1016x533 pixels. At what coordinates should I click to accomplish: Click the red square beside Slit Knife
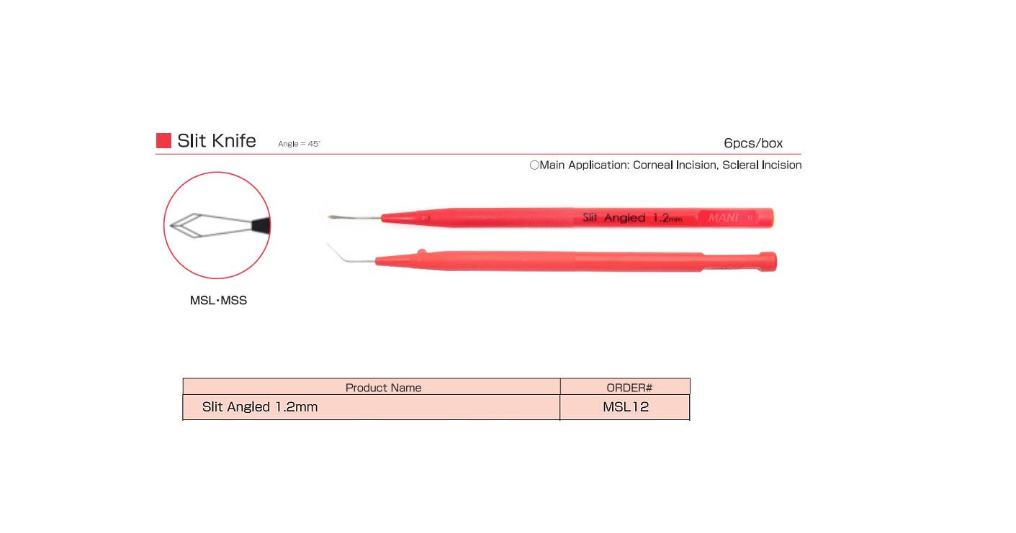coord(163,140)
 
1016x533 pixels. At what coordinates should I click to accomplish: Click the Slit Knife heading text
coord(217,140)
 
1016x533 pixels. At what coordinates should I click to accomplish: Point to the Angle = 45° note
coord(299,144)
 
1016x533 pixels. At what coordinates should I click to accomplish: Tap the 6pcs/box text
coord(753,143)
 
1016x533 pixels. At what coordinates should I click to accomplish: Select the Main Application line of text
coord(665,165)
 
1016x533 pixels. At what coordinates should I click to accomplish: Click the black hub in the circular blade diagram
coord(261,224)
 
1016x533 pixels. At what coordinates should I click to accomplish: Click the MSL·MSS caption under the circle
coord(218,301)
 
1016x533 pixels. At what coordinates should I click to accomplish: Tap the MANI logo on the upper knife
coord(723,217)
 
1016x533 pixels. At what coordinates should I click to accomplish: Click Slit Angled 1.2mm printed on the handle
coord(631,217)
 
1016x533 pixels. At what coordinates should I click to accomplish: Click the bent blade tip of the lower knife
coord(330,246)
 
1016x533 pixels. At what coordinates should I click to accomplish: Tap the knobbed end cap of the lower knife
coord(767,261)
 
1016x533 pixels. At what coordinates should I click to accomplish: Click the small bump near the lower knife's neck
coord(422,252)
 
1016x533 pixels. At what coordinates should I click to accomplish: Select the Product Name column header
coord(383,388)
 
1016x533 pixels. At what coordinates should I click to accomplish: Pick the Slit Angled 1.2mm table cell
coord(260,407)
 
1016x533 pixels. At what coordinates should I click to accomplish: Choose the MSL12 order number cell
coord(626,407)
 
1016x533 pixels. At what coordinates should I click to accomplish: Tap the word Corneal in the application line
coord(653,165)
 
